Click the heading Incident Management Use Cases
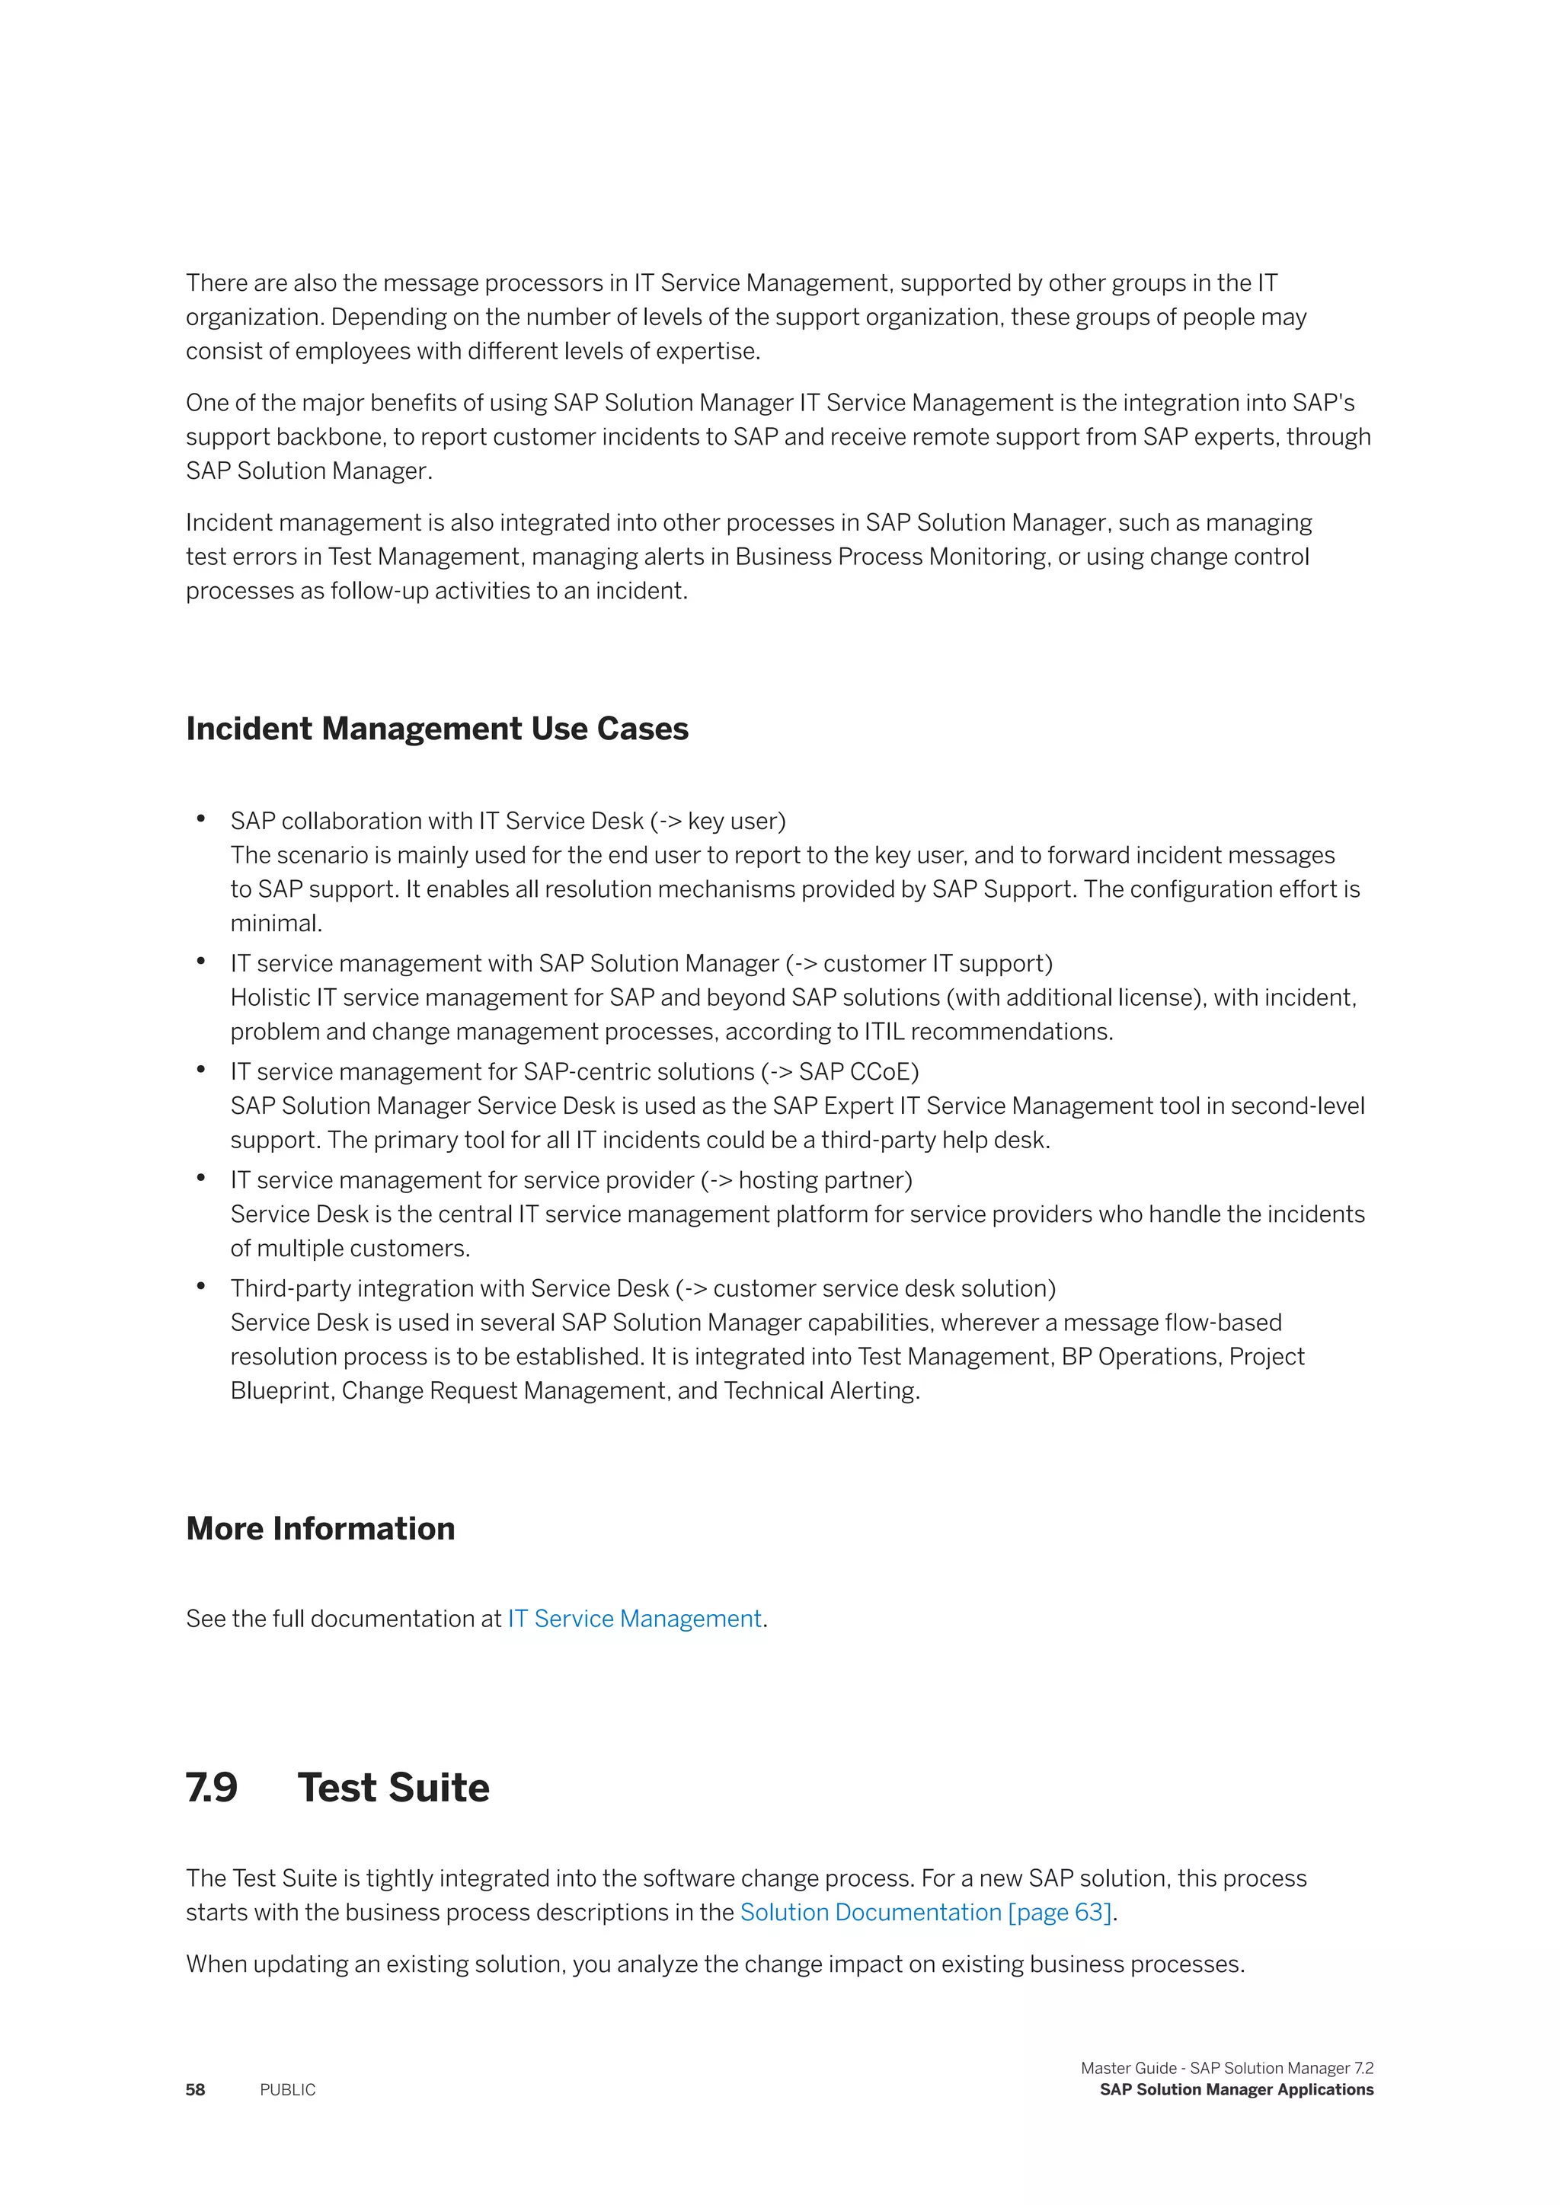(x=437, y=729)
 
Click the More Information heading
(x=320, y=1528)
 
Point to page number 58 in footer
(x=195, y=2090)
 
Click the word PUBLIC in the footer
(x=287, y=2090)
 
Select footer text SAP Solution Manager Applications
(x=1236, y=2090)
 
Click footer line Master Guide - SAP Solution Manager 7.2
(x=1226, y=2068)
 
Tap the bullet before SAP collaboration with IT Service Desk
(x=201, y=819)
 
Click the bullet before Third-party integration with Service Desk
(x=201, y=1286)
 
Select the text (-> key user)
(x=718, y=821)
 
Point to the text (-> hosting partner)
(x=806, y=1180)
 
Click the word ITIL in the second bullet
(x=884, y=1032)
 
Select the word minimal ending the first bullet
(x=275, y=923)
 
